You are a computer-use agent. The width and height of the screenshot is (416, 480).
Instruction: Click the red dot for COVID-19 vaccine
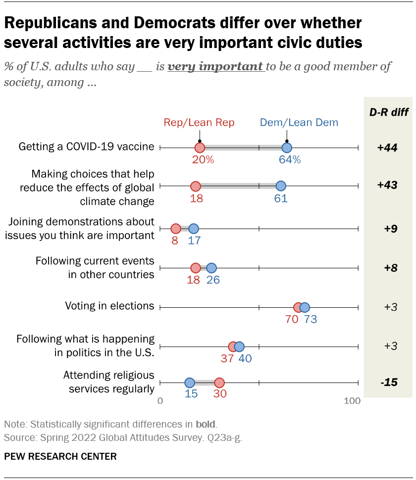(x=200, y=147)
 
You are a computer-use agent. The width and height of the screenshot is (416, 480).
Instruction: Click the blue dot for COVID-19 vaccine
(x=287, y=147)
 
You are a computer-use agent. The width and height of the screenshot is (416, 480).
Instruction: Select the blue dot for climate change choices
(x=281, y=186)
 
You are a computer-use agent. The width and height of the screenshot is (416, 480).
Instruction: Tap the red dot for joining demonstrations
(x=176, y=229)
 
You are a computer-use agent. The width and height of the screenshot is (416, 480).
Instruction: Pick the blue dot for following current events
(x=211, y=268)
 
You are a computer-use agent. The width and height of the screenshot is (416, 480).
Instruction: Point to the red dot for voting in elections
(x=298, y=307)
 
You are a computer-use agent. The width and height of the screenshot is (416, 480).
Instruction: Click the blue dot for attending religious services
(x=190, y=383)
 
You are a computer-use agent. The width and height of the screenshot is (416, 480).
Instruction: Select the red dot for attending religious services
(x=219, y=383)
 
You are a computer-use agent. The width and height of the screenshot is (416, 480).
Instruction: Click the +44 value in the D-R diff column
(x=388, y=147)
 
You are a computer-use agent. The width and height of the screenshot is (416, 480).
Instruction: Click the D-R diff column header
(x=389, y=112)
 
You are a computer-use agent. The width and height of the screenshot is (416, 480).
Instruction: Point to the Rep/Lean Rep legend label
(x=199, y=123)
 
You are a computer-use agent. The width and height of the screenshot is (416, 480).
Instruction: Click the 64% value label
(x=289, y=159)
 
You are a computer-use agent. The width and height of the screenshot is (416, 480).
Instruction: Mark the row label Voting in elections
(x=109, y=306)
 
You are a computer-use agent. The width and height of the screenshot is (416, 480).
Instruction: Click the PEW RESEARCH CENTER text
(x=60, y=456)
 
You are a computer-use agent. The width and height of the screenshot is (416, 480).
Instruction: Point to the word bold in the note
(x=206, y=424)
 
